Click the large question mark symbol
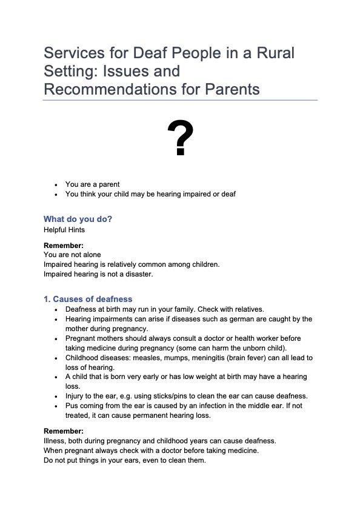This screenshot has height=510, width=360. [180, 139]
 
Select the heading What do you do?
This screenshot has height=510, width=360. [78, 219]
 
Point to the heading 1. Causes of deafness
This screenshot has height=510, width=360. [88, 299]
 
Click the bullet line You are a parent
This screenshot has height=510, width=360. [92, 184]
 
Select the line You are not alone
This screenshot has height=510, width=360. [72, 255]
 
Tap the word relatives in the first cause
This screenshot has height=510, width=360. [247, 309]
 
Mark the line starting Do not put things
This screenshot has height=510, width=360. [124, 461]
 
